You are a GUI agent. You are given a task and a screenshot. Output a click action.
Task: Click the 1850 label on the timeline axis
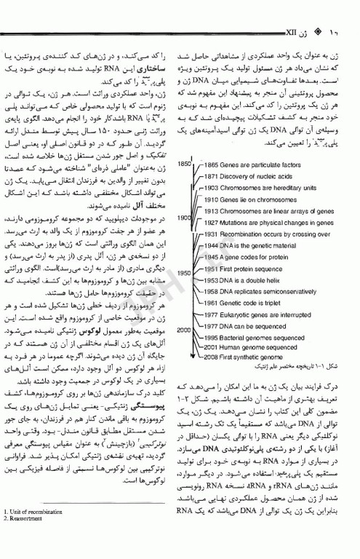pos(185,164)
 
